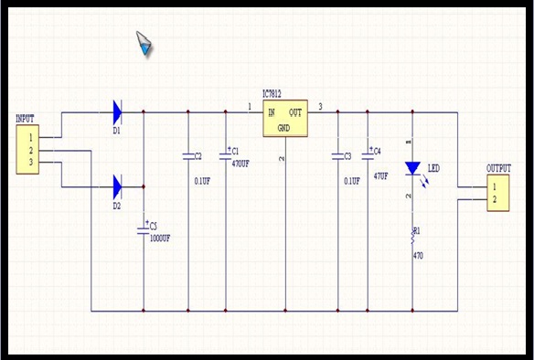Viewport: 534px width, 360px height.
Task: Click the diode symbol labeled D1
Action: point(117,112)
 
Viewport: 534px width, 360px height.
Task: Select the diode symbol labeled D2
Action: point(117,187)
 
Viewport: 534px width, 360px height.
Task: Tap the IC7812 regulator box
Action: point(285,120)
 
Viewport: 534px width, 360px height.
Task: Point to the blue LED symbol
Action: point(412,168)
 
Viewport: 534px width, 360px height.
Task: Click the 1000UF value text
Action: point(160,238)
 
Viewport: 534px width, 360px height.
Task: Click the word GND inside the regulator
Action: point(283,128)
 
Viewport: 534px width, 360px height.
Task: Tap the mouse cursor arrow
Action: point(144,42)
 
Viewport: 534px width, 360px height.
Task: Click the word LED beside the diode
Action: point(433,169)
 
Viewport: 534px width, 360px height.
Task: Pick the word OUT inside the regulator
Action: point(296,112)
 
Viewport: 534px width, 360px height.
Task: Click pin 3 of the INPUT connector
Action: point(30,163)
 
